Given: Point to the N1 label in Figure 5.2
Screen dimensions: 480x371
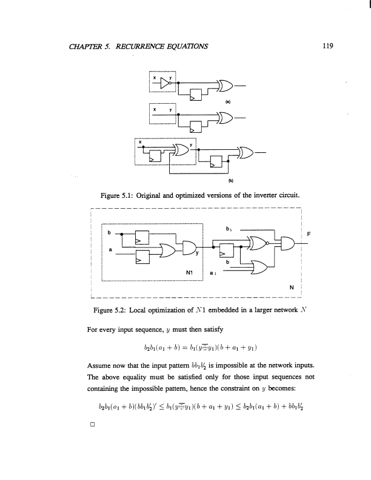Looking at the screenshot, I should [189, 272].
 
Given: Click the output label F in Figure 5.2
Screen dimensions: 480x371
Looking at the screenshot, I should [309, 233].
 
